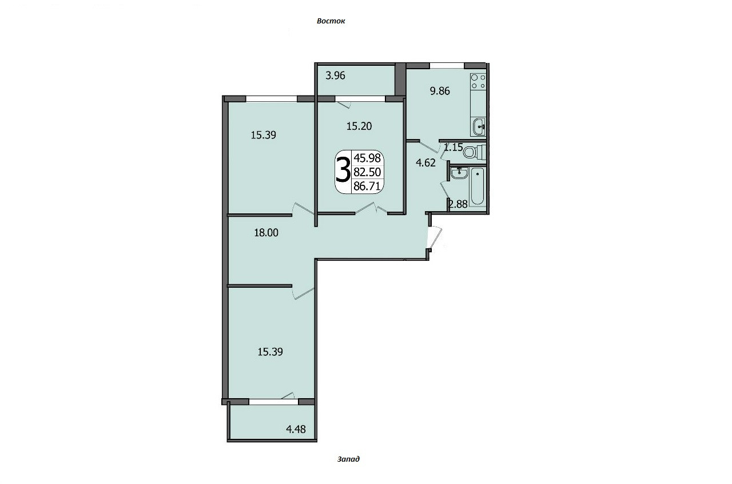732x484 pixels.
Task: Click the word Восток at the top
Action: (331, 21)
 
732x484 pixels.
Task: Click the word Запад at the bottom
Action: (348, 459)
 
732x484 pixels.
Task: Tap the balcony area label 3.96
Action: (335, 76)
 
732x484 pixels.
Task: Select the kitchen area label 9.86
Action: (440, 91)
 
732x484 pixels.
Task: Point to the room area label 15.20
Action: (359, 126)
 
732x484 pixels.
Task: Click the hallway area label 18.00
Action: (266, 232)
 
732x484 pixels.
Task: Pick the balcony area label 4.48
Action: (296, 429)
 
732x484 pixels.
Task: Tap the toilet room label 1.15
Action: (453, 148)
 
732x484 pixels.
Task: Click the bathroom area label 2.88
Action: (458, 204)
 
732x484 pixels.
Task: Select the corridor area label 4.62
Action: (425, 162)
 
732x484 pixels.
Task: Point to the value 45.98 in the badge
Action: (367, 158)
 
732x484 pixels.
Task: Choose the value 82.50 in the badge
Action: (367, 172)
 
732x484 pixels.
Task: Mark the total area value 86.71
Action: (367, 186)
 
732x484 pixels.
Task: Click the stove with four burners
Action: (478, 82)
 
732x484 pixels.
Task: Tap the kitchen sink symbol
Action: (479, 126)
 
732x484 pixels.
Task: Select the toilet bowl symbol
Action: (474, 152)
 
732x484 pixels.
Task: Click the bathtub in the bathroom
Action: (478, 187)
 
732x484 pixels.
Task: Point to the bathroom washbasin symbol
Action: (458, 173)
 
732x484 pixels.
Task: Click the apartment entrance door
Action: (434, 237)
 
